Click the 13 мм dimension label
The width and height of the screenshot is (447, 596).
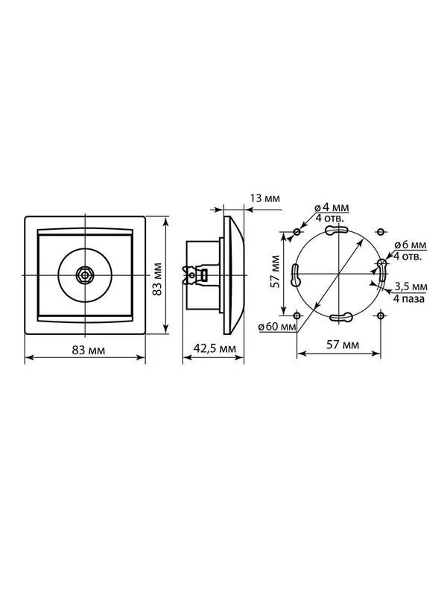[264, 198]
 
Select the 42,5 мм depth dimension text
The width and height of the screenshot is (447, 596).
[215, 348]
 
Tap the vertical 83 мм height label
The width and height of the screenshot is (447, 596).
[157, 279]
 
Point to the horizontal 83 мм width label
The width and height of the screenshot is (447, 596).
[89, 350]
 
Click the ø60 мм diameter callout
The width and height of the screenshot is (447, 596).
[277, 327]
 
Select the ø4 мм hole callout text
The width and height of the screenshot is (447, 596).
[332, 208]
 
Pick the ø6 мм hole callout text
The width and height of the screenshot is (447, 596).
[410, 245]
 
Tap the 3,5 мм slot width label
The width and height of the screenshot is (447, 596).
[410, 286]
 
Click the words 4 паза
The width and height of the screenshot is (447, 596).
[409, 299]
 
